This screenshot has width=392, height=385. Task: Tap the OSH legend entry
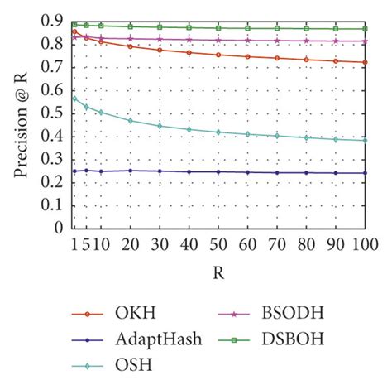click(x=122, y=363)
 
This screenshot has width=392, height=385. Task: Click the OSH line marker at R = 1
click(x=74, y=99)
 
